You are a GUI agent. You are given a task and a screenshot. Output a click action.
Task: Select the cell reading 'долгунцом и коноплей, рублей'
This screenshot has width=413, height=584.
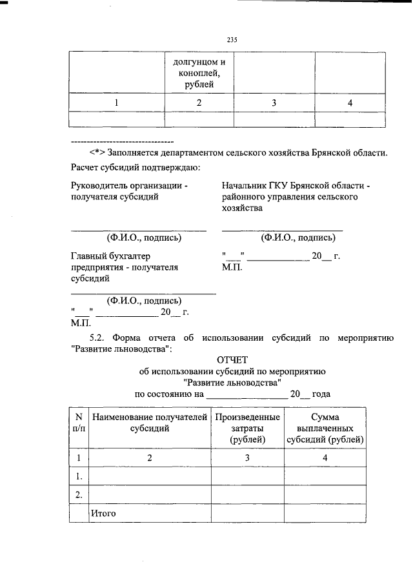199,73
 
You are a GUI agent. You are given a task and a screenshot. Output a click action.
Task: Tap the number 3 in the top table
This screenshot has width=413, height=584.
274,103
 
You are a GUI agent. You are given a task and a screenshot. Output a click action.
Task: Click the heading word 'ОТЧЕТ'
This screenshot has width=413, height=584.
234,359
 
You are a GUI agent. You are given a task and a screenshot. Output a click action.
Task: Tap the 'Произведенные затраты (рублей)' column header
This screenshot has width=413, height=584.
247,428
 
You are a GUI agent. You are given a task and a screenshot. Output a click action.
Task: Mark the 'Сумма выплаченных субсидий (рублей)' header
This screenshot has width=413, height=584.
325,428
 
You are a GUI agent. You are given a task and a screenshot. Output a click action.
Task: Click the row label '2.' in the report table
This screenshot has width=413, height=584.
78,495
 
